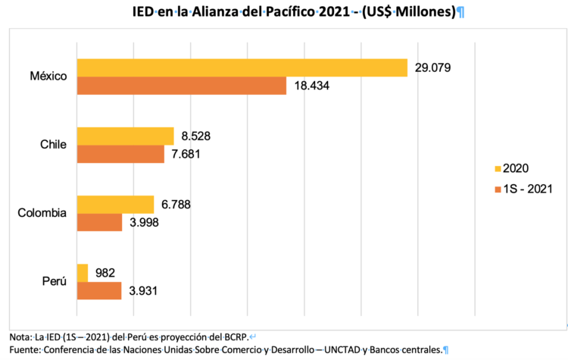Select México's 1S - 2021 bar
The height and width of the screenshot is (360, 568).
point(181,86)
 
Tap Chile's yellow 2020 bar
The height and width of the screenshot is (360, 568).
point(125,136)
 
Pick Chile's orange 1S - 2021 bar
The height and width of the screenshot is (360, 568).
point(120,155)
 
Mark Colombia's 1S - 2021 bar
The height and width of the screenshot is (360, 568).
point(99,222)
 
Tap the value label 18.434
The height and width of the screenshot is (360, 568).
point(311,86)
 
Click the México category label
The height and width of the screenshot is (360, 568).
point(49,77)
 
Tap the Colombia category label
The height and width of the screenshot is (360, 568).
point(42,213)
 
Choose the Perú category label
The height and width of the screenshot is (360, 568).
point(54,281)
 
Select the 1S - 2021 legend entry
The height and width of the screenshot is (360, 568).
point(523,187)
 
